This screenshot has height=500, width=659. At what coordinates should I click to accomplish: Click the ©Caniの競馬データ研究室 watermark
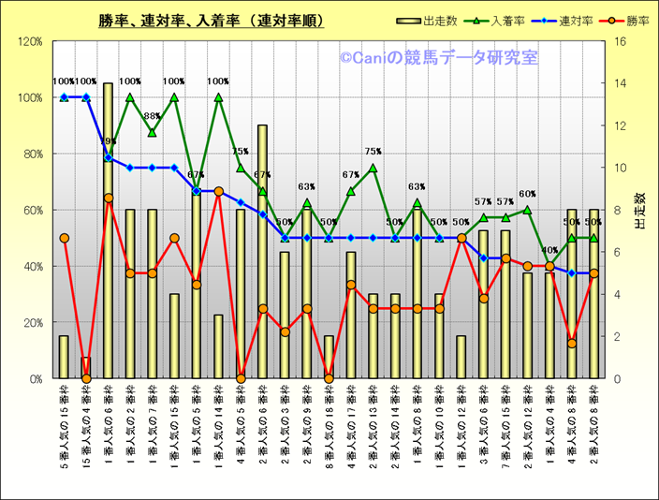coord(439,59)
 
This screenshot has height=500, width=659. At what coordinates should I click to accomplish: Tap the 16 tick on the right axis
coord(619,42)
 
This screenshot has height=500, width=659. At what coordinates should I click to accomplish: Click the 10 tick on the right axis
coord(619,169)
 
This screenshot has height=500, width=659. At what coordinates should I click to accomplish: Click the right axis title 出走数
coord(641,211)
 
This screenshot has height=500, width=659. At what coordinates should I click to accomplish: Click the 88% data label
coord(152,116)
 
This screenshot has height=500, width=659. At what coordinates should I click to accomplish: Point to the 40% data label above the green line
coord(550,250)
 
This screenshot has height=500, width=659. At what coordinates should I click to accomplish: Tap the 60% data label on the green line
coord(528,195)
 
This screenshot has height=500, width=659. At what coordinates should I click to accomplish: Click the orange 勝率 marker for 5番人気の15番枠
coord(64,238)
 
